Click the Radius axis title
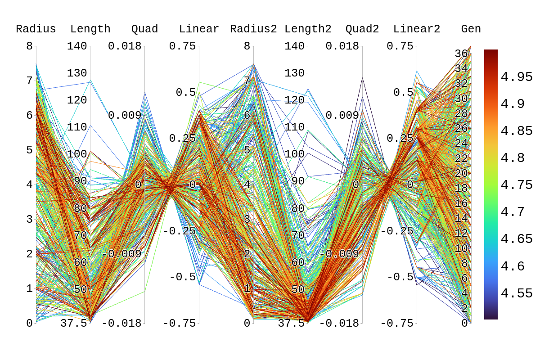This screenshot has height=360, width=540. click(x=36, y=29)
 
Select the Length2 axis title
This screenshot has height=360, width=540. click(x=308, y=29)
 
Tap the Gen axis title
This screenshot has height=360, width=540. click(x=471, y=29)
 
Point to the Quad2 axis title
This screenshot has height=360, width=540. click(x=362, y=29)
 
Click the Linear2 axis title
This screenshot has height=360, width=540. click(x=417, y=29)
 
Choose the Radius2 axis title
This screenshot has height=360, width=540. click(x=253, y=29)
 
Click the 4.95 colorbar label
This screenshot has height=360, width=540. click(x=517, y=77)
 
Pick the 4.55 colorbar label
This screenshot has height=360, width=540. click(x=517, y=293)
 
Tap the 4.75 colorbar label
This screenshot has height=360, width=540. click(x=517, y=185)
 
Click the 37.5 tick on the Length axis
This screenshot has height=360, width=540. click(x=74, y=323)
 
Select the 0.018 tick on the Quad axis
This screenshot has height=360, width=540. click(x=124, y=46)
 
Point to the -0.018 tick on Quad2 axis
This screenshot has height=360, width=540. click(x=340, y=323)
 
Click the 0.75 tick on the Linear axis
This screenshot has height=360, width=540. click(x=182, y=46)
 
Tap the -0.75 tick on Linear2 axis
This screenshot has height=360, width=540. click(x=396, y=323)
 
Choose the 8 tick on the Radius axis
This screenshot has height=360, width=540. click(x=29, y=46)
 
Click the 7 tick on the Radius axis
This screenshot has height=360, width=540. click(x=29, y=81)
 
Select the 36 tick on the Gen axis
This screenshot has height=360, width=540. click(x=461, y=54)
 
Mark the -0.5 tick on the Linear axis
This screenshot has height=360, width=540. click(x=183, y=277)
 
